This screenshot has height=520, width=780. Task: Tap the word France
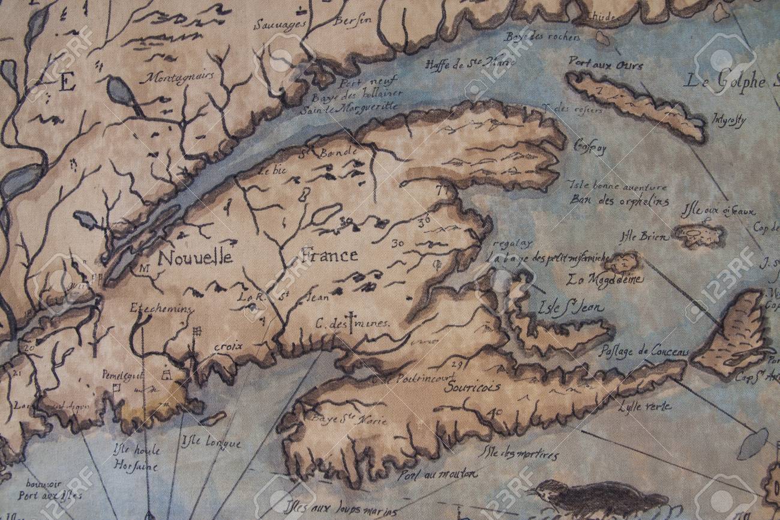pyautogui.click(x=329, y=255)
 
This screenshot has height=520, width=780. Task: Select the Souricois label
pyautogui.click(x=473, y=387)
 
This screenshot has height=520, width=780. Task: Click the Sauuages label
pyautogui.click(x=280, y=25)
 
